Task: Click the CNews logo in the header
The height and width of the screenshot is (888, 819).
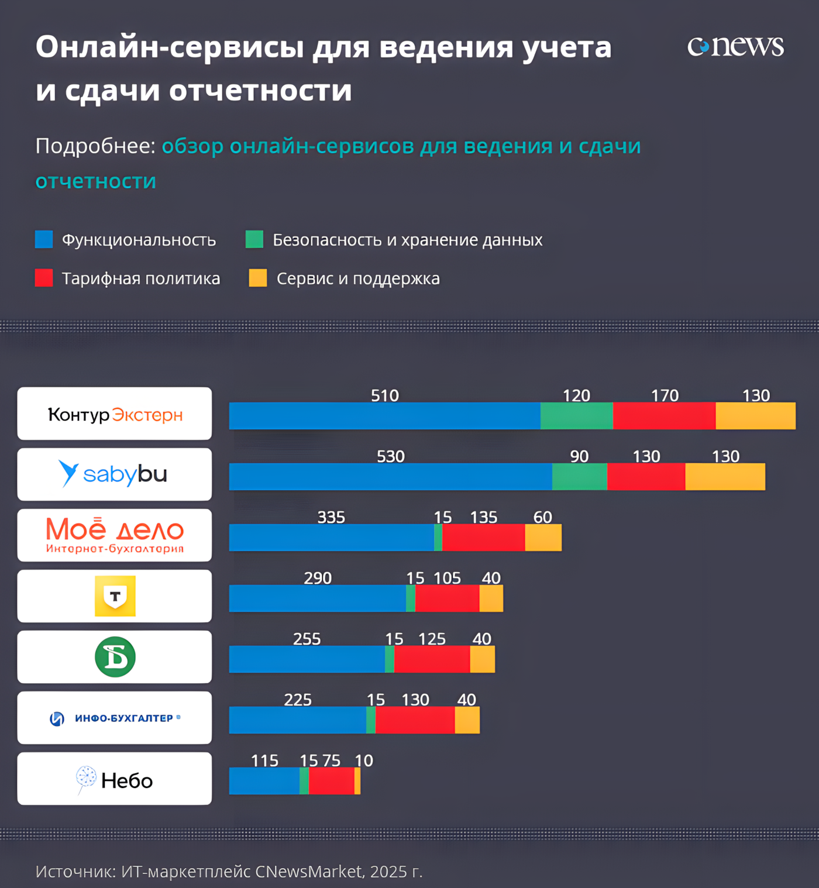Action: (735, 47)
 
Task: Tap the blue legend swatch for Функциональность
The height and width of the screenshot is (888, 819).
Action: (44, 239)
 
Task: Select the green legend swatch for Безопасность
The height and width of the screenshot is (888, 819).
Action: (254, 239)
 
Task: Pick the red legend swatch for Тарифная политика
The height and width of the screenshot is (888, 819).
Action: (44, 278)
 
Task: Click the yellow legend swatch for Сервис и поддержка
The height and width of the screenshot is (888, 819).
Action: (258, 278)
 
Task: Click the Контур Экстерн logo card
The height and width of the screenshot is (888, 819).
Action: (115, 414)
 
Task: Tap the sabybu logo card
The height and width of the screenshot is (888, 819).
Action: (115, 474)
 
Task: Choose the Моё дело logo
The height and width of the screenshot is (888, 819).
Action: (115, 535)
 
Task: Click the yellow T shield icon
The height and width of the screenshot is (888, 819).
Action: (115, 596)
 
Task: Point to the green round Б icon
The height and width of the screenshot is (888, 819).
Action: (115, 657)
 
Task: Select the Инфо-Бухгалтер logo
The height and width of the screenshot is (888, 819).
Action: (115, 718)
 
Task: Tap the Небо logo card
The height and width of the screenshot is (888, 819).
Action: (115, 779)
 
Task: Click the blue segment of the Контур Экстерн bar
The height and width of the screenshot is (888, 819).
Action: (384, 416)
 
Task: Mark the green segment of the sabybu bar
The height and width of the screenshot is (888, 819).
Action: (579, 477)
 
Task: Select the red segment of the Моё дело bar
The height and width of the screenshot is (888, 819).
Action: (483, 538)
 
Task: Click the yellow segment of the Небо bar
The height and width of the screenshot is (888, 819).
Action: (357, 781)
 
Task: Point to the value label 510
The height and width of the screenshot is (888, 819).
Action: (385, 395)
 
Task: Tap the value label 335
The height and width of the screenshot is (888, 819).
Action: (331, 517)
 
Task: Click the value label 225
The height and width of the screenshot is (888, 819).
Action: (298, 700)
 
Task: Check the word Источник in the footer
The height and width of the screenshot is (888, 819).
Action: (74, 872)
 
